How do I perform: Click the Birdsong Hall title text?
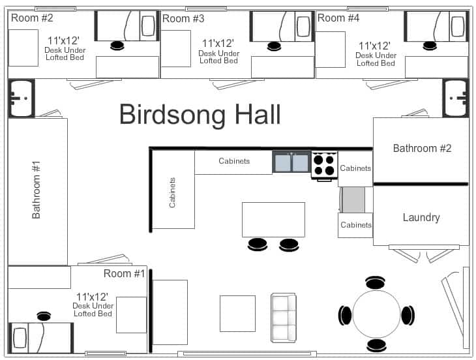point(200,114)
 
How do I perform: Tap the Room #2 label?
point(32,18)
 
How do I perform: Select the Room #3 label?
point(183,18)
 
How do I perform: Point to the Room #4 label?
point(338,18)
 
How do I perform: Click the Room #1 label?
point(124,274)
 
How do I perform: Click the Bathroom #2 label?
point(422,148)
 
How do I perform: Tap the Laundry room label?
point(421,217)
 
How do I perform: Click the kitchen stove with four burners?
point(324,164)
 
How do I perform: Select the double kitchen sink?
point(291,162)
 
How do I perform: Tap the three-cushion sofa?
point(284,318)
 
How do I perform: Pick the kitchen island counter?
point(273,219)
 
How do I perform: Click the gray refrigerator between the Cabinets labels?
point(353,200)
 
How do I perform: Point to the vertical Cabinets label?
point(173,192)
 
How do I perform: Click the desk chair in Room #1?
point(44,316)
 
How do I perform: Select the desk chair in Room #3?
point(273,46)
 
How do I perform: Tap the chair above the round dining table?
point(376,282)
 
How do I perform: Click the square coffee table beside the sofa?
point(237,314)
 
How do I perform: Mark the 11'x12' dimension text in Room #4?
point(375,46)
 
